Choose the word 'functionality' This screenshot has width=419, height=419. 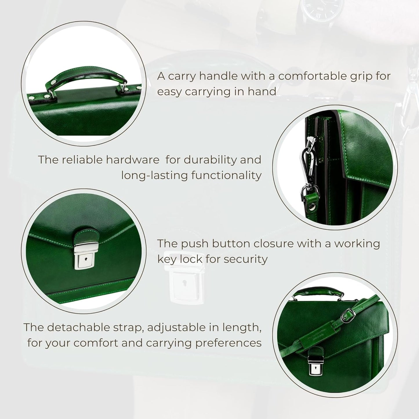pyautogui.click(x=226, y=175)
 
